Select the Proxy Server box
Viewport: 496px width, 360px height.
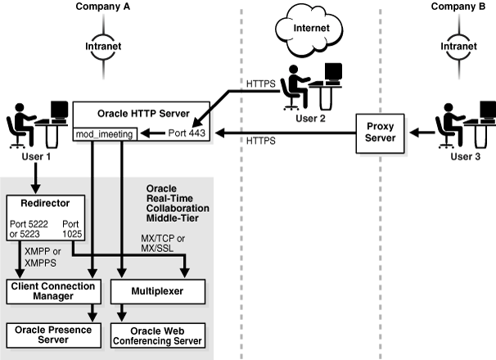[380, 133]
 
